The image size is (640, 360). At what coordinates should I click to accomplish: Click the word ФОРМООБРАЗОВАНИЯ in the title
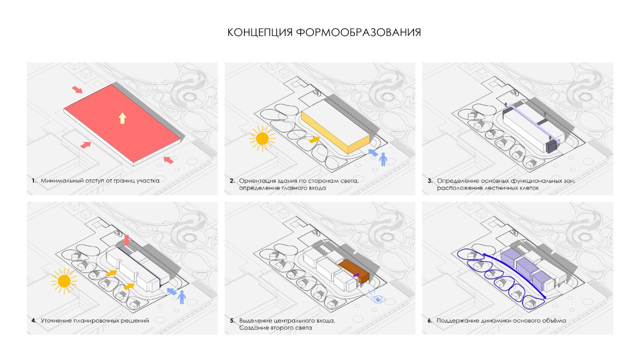coord(358,32)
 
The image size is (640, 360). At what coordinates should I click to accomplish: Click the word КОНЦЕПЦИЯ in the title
coord(260,32)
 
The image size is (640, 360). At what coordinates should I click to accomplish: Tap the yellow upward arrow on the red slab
coord(122,118)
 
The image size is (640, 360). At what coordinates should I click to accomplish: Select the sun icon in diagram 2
coord(262,138)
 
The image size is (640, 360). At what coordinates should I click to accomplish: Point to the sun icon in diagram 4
coord(64,281)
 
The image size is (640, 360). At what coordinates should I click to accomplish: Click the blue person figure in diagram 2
coord(383,159)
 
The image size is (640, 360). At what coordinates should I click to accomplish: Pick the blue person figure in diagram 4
coord(181,297)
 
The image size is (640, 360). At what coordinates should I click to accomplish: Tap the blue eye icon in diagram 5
coord(377,299)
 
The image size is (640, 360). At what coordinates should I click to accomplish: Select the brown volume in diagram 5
coord(354,270)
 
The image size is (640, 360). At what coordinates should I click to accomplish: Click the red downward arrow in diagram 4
coord(126,240)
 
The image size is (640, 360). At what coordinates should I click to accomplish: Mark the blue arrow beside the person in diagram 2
coord(373,152)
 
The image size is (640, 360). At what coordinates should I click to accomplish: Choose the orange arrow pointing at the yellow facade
coord(314,139)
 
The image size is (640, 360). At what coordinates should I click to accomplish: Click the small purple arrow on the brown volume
coord(356,275)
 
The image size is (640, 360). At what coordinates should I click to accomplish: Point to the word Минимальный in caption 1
coord(62,181)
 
